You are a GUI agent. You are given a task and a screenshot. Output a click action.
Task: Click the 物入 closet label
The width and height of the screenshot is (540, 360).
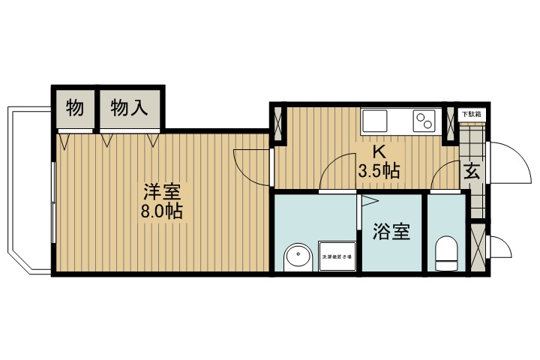pyautogui.click(x=130, y=108)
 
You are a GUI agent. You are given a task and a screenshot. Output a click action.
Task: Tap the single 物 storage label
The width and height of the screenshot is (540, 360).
pyautogui.click(x=73, y=108)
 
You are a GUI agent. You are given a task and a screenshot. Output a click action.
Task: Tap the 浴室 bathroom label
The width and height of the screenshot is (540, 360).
pyautogui.click(x=391, y=232)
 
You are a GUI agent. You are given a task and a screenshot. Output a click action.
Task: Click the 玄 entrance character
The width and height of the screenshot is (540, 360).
pyautogui.click(x=472, y=171)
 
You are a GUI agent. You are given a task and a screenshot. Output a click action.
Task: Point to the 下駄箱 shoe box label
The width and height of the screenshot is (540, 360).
pyautogui.click(x=471, y=114)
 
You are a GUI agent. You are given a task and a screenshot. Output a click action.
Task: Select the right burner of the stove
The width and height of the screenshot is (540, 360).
pyautogui.click(x=430, y=123)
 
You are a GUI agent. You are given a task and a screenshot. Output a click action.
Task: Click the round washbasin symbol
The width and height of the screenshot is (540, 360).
pyautogui.click(x=298, y=257)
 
